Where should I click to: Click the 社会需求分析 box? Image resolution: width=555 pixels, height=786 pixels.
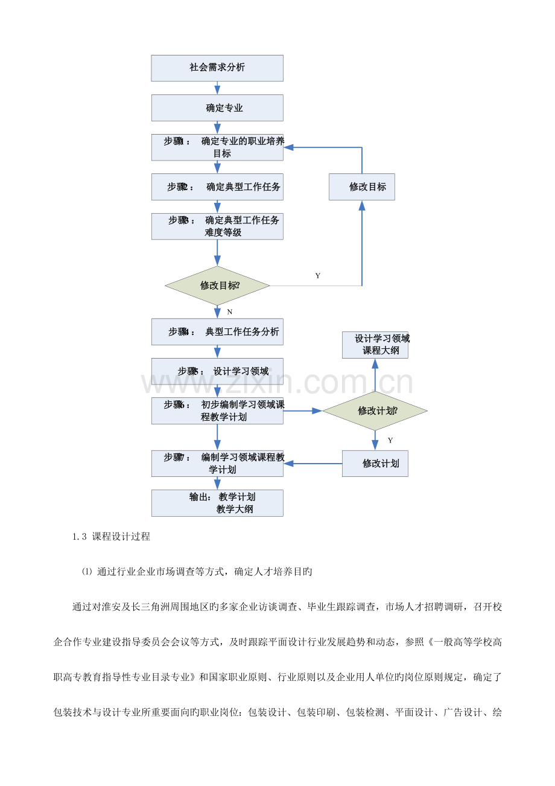point(217,68)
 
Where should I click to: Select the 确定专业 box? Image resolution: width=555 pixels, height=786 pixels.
point(217,108)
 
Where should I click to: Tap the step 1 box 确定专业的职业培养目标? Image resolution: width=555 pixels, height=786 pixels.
point(217,147)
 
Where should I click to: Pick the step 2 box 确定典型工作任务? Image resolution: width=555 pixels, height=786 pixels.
point(217,187)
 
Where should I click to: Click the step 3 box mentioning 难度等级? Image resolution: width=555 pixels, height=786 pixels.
point(217,226)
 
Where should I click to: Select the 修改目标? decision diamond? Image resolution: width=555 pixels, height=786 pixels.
point(217,285)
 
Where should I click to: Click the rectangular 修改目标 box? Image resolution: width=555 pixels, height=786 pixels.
point(362,187)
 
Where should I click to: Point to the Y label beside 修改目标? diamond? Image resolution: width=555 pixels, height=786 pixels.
point(318,276)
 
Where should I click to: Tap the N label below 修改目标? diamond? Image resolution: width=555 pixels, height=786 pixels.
point(229,312)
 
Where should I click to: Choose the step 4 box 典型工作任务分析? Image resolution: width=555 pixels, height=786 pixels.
point(217,331)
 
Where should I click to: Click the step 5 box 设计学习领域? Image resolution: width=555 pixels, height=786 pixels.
point(217,371)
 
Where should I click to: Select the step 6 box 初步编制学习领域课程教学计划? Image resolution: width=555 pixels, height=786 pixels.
point(217,411)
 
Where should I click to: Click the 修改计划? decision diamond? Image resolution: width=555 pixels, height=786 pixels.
point(375,411)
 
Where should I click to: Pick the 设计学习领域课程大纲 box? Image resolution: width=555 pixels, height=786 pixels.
point(375,345)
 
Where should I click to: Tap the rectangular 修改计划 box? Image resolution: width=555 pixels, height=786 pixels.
point(375,464)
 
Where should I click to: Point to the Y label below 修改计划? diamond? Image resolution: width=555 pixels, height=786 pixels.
point(390,441)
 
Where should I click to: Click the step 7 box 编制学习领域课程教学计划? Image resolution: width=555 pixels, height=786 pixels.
point(217,464)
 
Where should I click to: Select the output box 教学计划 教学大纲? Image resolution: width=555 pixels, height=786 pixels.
point(217,503)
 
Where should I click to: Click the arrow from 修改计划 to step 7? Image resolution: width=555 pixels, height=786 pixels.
point(313,464)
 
